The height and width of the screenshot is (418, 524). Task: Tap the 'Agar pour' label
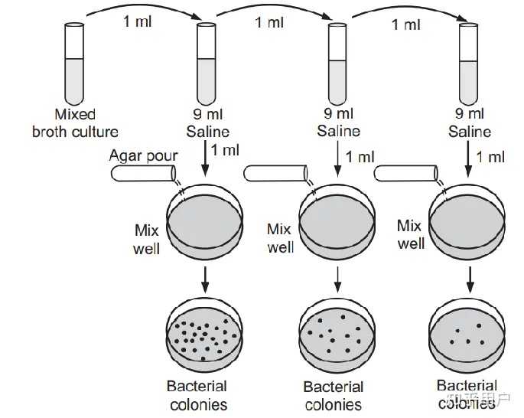pos(143,156)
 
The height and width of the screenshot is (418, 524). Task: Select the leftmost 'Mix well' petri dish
pos(205,226)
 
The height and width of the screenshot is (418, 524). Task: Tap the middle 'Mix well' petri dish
pos(337,226)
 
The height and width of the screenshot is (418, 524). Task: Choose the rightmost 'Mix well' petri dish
pos(468,226)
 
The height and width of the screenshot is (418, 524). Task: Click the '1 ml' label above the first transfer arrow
pos(138,21)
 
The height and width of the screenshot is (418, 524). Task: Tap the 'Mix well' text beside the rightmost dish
pos(410,234)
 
